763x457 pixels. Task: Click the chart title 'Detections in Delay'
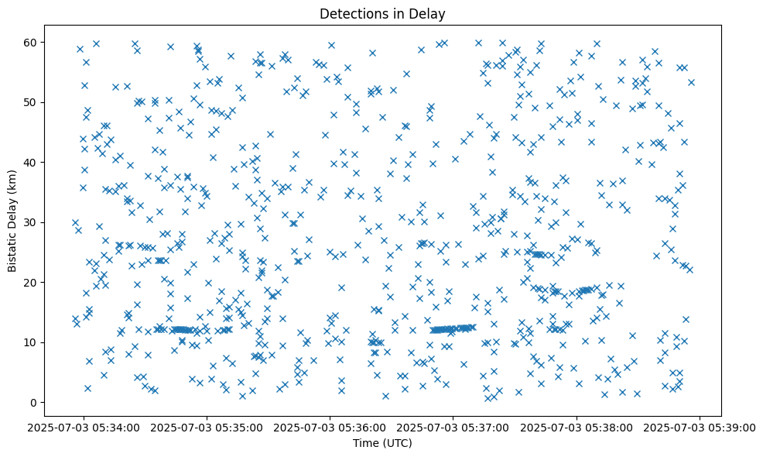(383, 13)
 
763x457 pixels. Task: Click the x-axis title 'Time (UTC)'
(383, 443)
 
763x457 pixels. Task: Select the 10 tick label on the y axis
(32, 342)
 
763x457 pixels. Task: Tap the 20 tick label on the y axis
(32, 282)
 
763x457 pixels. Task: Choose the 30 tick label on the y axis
(32, 222)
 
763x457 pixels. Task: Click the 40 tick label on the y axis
(32, 162)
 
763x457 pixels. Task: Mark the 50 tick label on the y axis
(32, 102)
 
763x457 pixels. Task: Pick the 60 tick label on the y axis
(32, 42)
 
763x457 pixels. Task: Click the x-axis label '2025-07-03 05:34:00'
(84, 427)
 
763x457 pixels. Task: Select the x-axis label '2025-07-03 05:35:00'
(207, 427)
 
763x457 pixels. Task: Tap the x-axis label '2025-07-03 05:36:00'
(330, 427)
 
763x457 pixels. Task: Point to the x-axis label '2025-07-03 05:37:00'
(453, 427)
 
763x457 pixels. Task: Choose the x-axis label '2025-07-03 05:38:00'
(577, 427)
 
